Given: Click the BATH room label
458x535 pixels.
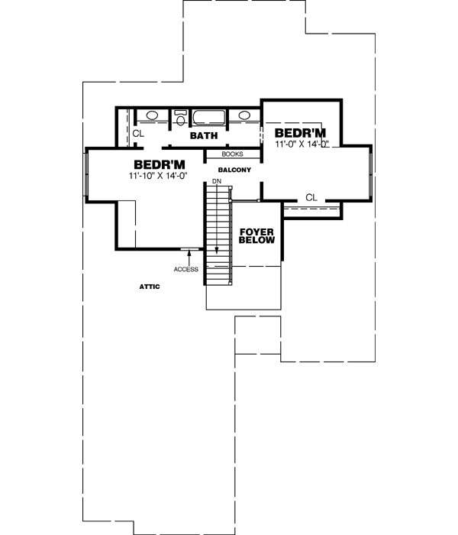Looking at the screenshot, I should [204, 136].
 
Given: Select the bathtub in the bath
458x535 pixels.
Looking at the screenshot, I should [208, 118].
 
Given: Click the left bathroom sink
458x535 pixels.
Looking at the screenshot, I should [152, 116].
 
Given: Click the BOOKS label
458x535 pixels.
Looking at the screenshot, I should [232, 154].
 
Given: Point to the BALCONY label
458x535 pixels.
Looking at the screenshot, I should [234, 170].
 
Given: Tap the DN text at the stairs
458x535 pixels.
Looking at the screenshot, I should [217, 181].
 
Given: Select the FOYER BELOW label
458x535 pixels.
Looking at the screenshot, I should [251, 235].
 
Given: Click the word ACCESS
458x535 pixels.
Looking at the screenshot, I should [185, 269].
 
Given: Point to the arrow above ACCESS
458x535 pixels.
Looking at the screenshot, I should [185, 256].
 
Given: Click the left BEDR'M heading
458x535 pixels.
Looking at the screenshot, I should [160, 164].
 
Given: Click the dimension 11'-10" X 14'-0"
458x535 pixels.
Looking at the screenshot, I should [160, 177].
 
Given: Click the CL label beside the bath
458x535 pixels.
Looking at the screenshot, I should [138, 134].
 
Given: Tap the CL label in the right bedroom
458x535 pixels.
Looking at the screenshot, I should [311, 197].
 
